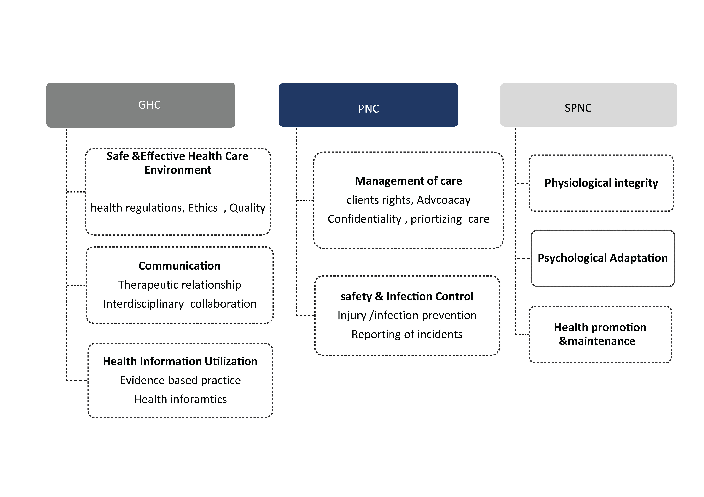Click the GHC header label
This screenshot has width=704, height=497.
(x=149, y=105)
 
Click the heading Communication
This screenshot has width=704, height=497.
(x=179, y=266)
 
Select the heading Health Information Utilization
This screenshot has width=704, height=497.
(x=180, y=361)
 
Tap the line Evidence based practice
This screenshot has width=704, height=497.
(x=180, y=380)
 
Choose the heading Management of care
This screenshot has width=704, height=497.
(x=408, y=181)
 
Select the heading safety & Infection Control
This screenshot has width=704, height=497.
(x=407, y=296)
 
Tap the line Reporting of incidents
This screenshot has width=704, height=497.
(x=407, y=334)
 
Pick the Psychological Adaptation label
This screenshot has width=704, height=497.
(x=602, y=258)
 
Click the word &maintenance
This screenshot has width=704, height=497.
(x=597, y=341)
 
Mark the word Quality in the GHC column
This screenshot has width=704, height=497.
(x=247, y=208)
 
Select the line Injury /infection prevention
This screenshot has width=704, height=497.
(x=407, y=315)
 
